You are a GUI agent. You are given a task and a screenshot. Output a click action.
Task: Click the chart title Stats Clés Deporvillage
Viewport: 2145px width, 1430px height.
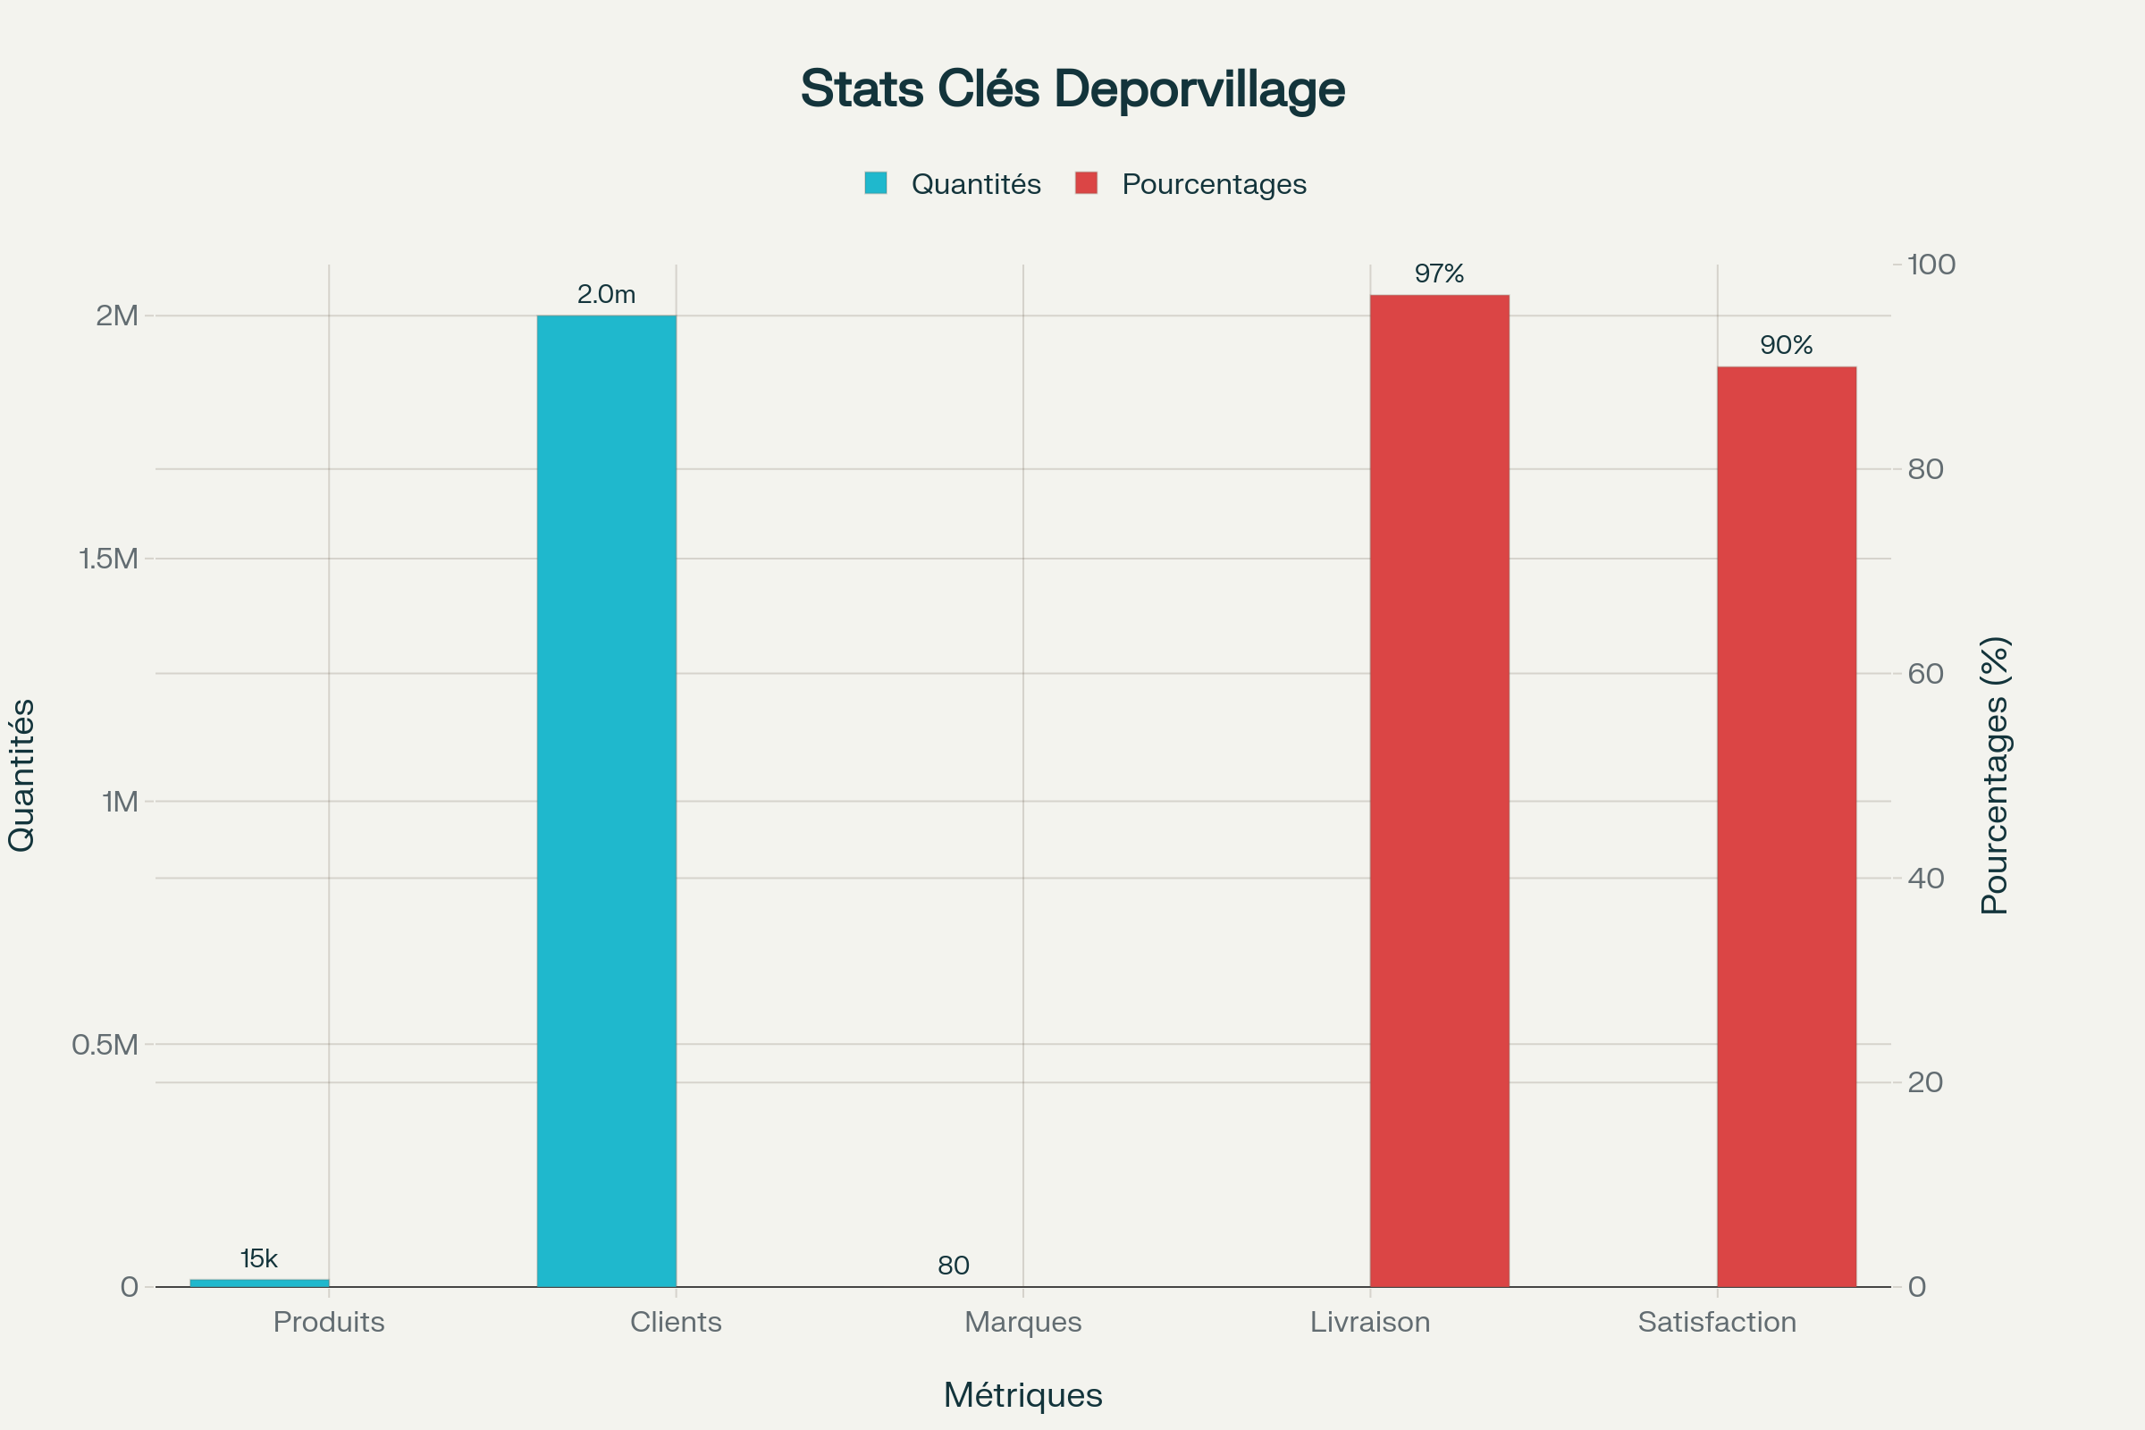click(x=1072, y=88)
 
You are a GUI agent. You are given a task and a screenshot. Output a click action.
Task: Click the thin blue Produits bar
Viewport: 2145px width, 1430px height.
click(x=259, y=1283)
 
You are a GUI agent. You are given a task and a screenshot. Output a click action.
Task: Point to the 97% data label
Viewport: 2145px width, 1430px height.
click(x=1439, y=273)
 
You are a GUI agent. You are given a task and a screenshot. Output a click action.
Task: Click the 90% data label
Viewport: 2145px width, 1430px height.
click(x=1787, y=345)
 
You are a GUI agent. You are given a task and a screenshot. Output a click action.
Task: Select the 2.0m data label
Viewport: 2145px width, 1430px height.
click(x=607, y=295)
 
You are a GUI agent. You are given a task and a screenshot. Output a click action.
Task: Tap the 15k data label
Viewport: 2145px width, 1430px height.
click(x=259, y=1258)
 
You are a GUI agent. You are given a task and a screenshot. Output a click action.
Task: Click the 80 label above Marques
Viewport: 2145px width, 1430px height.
click(x=953, y=1265)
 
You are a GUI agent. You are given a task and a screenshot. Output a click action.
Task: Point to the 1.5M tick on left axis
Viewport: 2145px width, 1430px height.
click(x=108, y=558)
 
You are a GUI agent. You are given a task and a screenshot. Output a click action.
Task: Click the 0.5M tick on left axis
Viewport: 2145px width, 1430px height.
click(x=105, y=1044)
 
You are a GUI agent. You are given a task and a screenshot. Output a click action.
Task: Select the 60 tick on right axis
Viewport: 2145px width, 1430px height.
click(x=1925, y=673)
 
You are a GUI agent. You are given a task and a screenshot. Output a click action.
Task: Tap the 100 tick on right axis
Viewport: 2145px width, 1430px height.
click(x=1930, y=265)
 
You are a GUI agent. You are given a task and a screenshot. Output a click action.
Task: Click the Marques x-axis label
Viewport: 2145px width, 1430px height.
click(x=1023, y=1322)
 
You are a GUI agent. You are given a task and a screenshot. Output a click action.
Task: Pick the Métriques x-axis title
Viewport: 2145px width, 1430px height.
click(x=1023, y=1395)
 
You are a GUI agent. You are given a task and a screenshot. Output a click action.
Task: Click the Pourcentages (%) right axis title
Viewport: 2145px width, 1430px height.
click(x=1996, y=775)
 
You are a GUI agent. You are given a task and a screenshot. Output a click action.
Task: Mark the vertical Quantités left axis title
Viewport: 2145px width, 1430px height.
click(x=21, y=775)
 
